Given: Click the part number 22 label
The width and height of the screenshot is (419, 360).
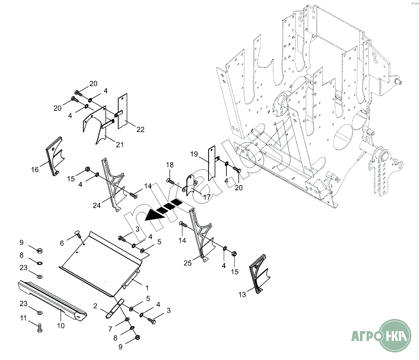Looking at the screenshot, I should (140, 129).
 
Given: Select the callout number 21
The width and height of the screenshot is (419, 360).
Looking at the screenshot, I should (120, 145).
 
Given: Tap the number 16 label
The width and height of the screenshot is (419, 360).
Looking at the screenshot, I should (35, 169).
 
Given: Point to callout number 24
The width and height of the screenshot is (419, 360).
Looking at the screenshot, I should (96, 205).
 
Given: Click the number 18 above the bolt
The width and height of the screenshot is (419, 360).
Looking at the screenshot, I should (170, 165).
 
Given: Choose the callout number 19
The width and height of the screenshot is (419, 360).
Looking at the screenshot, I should (194, 154).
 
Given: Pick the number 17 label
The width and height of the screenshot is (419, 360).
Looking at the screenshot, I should (207, 197).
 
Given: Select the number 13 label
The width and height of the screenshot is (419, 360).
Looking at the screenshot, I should (242, 294).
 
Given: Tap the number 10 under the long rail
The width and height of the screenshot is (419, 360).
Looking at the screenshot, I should (61, 325).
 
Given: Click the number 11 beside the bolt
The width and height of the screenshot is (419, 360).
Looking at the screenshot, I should (24, 318).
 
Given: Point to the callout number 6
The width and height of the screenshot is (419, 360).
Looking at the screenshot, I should (62, 243).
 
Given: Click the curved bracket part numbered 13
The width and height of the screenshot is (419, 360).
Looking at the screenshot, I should (259, 277).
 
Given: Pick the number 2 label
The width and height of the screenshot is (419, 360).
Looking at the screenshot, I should (95, 306).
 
